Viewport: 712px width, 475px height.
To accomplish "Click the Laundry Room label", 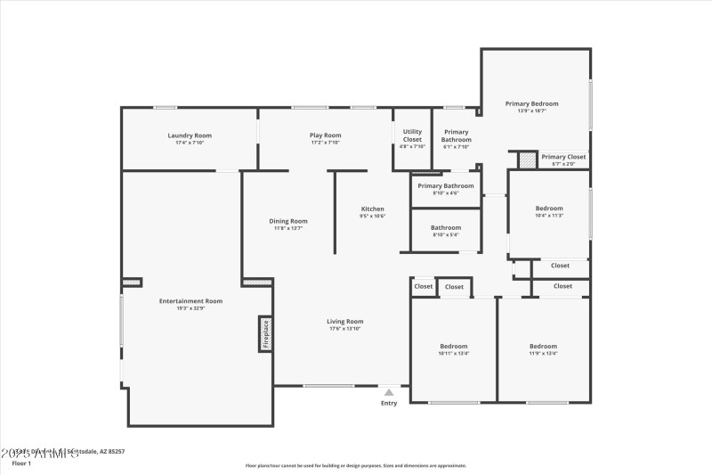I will click(x=190, y=135).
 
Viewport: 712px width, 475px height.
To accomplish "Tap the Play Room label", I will click(x=326, y=135).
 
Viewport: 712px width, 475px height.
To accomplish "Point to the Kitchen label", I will click(x=372, y=209).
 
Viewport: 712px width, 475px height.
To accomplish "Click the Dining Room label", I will click(x=288, y=221).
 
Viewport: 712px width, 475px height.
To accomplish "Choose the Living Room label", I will click(x=345, y=322).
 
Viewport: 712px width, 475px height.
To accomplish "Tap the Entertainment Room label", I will click(x=190, y=301).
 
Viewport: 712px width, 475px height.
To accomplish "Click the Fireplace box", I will click(x=265, y=334).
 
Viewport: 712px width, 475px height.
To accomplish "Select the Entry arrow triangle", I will click(x=389, y=391).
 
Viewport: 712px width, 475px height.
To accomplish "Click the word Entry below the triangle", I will click(x=389, y=404).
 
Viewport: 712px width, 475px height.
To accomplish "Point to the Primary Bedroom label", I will click(x=531, y=104).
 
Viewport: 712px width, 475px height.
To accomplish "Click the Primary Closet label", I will click(x=563, y=157).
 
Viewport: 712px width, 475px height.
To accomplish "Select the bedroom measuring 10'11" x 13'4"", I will click(x=453, y=347).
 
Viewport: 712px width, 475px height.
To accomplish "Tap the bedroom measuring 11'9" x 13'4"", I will click(x=543, y=347).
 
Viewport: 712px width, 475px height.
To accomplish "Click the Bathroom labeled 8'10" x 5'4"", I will click(x=446, y=228).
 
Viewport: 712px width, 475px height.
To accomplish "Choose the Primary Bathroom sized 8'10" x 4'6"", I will click(x=446, y=186).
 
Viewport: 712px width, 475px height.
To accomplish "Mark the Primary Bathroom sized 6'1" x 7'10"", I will click(x=457, y=135).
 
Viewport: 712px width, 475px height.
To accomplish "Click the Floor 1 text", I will click(x=21, y=463).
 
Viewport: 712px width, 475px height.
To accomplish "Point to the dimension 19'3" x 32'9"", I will click(x=190, y=308).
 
